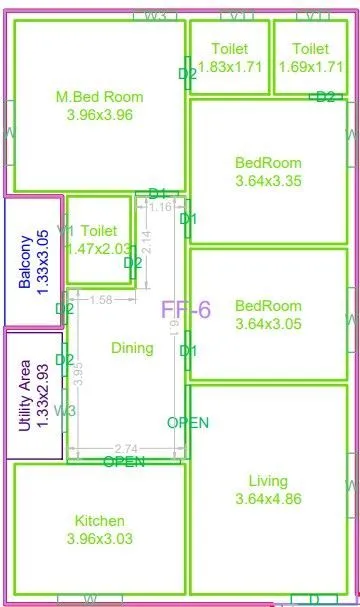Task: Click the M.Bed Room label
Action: (99, 97)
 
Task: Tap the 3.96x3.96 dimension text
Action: (99, 114)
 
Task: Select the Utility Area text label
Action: (25, 396)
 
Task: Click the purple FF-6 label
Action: (186, 309)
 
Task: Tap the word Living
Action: (268, 481)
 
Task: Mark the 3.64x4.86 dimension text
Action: (268, 498)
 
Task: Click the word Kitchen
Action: (99, 521)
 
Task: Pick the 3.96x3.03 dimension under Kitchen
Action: (99, 538)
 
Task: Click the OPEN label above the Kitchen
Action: (124, 462)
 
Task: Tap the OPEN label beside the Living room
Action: (188, 423)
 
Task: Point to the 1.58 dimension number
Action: (100, 299)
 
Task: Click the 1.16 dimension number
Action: (159, 207)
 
